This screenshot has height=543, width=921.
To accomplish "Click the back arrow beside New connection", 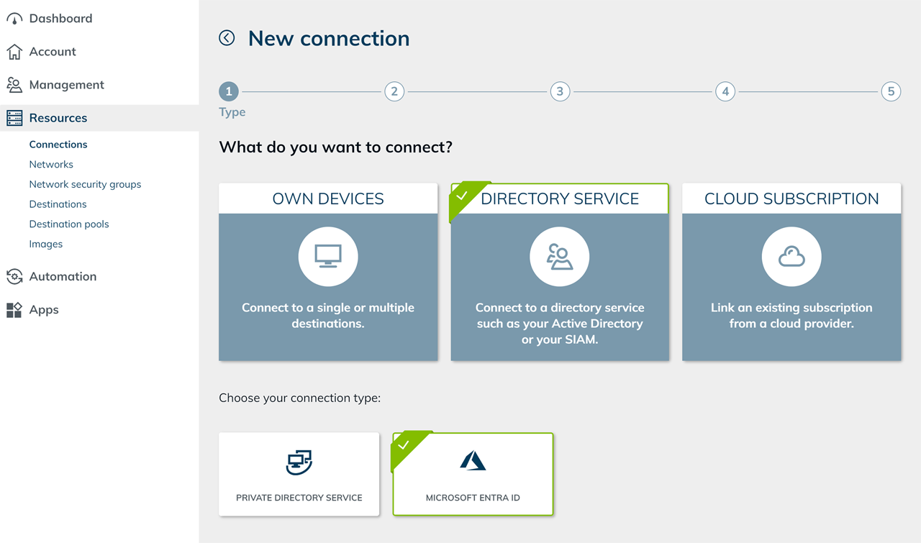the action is [227, 38].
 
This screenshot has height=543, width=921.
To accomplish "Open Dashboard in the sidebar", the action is [60, 19].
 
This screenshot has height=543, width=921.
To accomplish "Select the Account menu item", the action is [53, 52].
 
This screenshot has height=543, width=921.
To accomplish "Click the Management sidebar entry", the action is [67, 85].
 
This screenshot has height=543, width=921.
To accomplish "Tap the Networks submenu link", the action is [51, 165].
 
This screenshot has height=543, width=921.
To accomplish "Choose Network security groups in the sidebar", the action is [85, 184].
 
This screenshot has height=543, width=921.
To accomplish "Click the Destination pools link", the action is [69, 224].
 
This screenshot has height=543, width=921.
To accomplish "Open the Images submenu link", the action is [45, 244].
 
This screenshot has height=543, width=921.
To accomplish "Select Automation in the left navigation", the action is [63, 276].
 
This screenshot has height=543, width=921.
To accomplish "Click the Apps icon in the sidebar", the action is [14, 310].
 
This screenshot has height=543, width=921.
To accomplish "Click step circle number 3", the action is [560, 91].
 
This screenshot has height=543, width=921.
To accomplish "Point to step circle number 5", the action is [891, 91].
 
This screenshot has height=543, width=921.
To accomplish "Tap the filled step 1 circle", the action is [229, 91].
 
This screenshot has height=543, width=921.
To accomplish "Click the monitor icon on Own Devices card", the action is [328, 256].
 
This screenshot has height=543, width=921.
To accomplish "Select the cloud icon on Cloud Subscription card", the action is [791, 257].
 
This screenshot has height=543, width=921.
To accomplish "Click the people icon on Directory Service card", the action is [559, 257].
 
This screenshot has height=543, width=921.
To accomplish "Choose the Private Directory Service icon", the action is [299, 462].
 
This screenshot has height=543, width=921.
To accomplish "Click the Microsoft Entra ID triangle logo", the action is [473, 461].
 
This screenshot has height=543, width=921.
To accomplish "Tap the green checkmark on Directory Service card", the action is [462, 196].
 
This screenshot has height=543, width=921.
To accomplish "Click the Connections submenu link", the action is [58, 145].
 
